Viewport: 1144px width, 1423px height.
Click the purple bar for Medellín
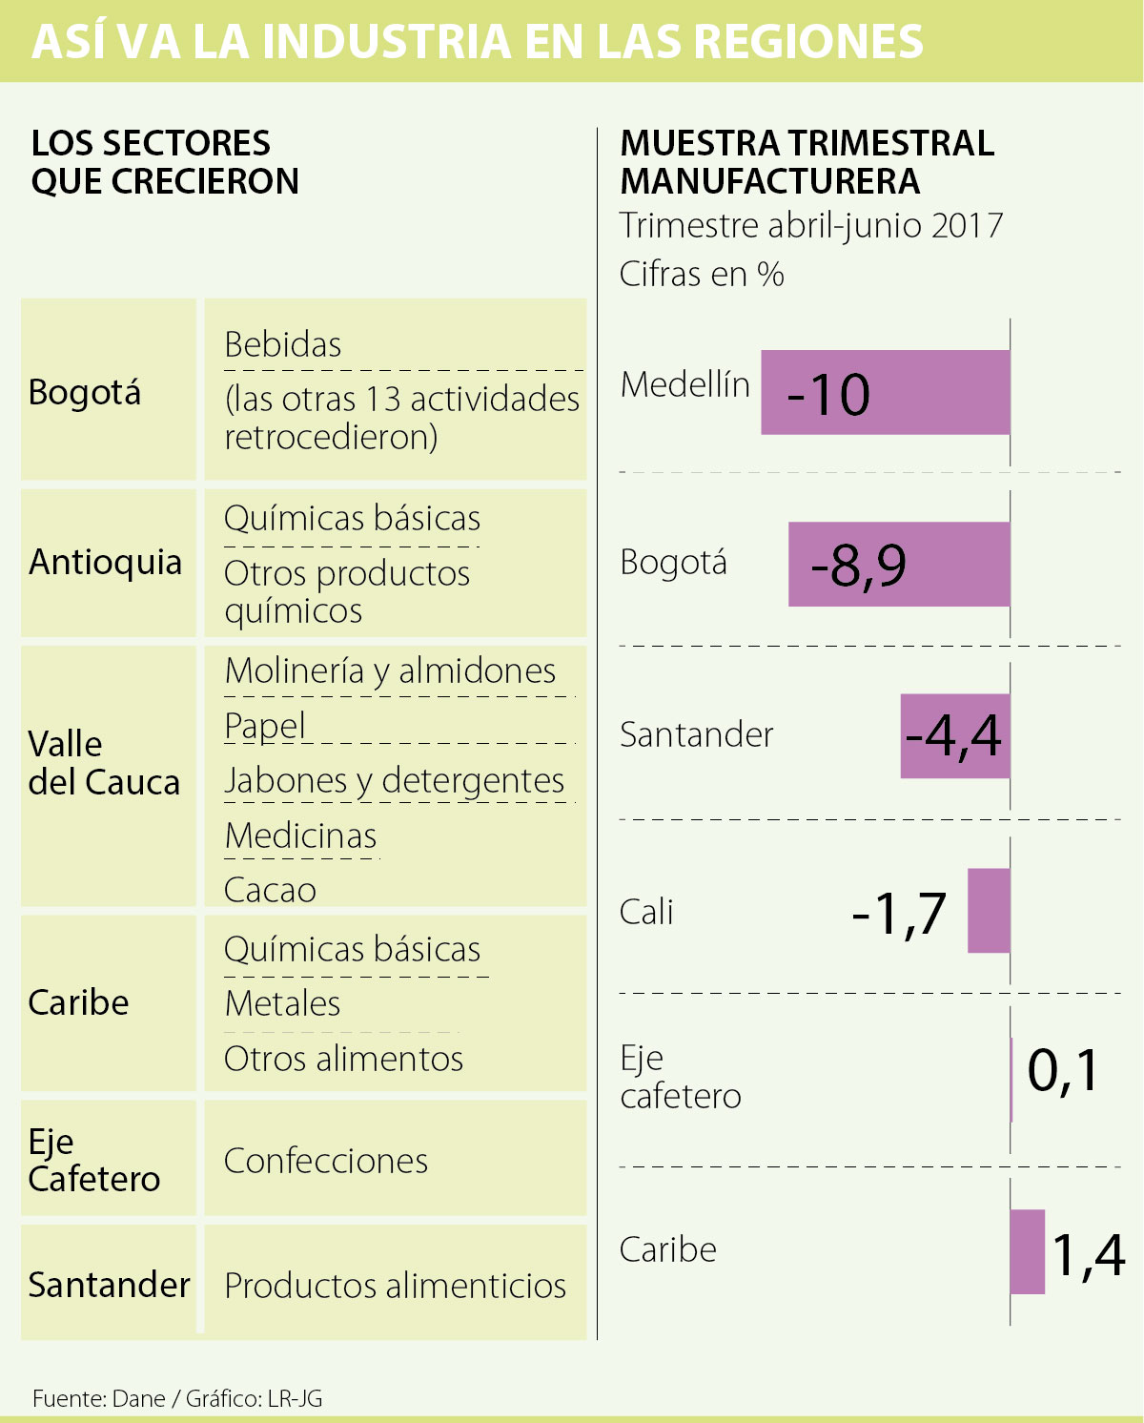click(x=885, y=393)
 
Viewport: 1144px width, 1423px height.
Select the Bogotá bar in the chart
click(x=898, y=564)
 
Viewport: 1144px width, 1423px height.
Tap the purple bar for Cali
click(x=989, y=910)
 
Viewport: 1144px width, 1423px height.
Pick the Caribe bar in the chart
click(x=1027, y=1251)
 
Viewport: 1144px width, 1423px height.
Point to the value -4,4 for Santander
click(x=953, y=735)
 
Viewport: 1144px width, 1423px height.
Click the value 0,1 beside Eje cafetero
click(x=1063, y=1070)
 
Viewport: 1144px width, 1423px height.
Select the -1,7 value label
click(x=898, y=913)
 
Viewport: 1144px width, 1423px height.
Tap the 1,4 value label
click(x=1089, y=1254)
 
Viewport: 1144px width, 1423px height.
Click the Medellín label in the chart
click(x=684, y=384)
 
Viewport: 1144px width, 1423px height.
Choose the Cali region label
click(x=646, y=912)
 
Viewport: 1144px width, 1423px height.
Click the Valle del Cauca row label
click(x=104, y=763)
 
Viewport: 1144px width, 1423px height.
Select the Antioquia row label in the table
click(x=105, y=562)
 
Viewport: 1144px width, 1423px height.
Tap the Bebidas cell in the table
click(x=283, y=344)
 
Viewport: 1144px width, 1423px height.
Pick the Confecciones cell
click(x=326, y=1161)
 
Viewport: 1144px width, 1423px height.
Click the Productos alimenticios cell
click(x=395, y=1286)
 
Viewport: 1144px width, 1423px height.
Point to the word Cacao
click(x=270, y=890)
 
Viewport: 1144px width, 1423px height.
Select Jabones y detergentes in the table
click(x=394, y=780)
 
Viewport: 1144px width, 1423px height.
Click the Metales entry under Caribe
click(x=282, y=1003)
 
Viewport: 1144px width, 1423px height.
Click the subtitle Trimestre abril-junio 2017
click(x=811, y=226)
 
